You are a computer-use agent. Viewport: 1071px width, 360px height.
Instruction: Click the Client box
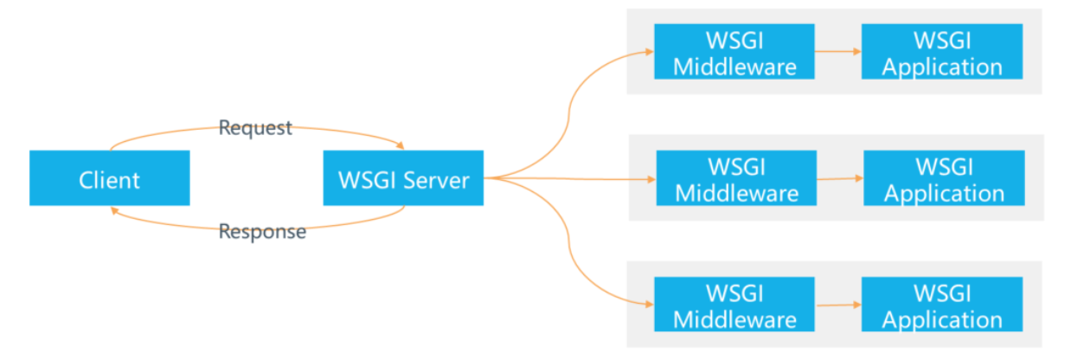tap(109, 178)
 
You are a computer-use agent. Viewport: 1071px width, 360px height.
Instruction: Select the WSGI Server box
tap(403, 178)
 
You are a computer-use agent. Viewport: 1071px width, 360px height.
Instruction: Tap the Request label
tap(255, 128)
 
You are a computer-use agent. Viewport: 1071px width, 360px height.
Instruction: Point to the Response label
tap(262, 232)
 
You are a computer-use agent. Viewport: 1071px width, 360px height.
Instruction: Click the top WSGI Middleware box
tap(734, 52)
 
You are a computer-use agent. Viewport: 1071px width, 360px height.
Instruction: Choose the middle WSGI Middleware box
tap(736, 178)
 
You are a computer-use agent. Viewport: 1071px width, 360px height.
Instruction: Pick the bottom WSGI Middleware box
tap(734, 305)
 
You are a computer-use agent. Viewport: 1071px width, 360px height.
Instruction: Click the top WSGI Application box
tap(942, 52)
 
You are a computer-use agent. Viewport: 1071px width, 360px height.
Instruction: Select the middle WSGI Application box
tap(944, 178)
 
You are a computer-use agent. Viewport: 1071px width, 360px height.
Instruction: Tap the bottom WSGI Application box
tap(942, 305)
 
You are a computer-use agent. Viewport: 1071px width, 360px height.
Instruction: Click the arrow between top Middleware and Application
tap(837, 52)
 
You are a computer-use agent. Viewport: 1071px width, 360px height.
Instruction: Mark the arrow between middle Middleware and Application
tap(839, 179)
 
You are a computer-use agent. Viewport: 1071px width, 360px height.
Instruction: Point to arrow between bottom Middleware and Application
tap(837, 305)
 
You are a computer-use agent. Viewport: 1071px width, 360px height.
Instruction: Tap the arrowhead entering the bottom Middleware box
tap(649, 305)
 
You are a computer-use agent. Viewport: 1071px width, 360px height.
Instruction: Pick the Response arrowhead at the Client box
tap(114, 209)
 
